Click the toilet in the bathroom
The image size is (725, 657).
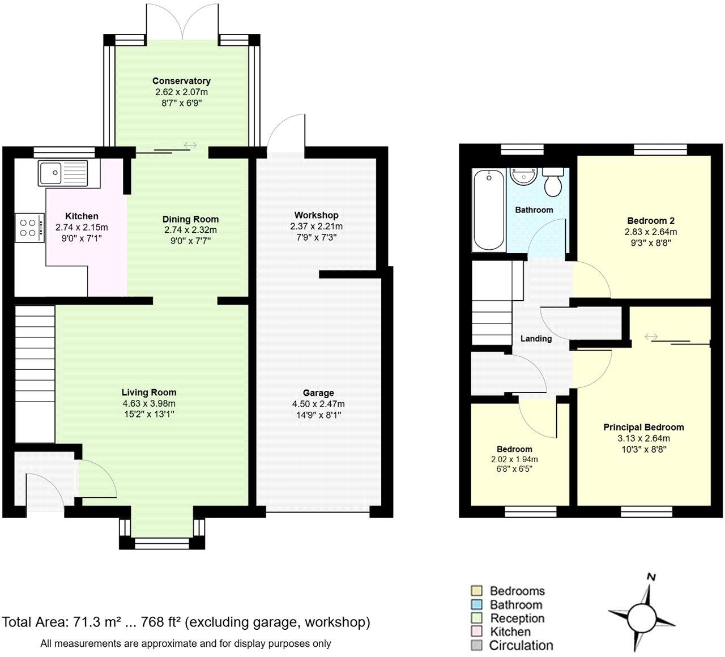point(553,180)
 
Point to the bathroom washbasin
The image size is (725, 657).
point(523,176)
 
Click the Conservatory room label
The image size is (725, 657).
point(181,81)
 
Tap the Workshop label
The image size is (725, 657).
point(316,215)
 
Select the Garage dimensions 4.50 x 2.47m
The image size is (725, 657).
point(318,404)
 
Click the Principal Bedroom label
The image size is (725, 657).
point(643,428)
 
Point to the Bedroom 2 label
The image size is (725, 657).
point(650,221)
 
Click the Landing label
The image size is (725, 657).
point(536,339)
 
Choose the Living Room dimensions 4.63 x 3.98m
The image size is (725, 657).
point(149,403)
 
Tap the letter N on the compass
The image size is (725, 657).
point(651,578)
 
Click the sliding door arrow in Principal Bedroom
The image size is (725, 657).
point(651,337)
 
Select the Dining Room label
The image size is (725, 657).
point(190,219)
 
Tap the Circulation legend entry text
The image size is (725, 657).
point(521,646)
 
